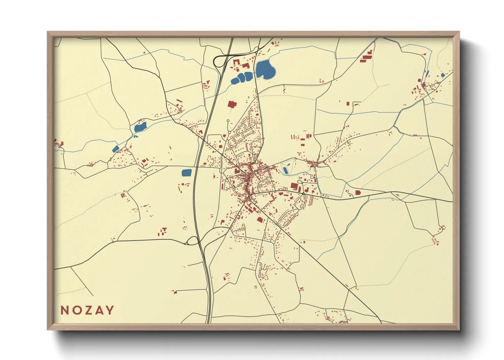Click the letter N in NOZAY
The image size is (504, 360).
click(64, 310)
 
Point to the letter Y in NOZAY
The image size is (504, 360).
click(110, 310)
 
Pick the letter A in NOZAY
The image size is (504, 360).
click(99, 310)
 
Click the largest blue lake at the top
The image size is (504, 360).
click(265, 69)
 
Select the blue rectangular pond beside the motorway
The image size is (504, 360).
click(187, 173)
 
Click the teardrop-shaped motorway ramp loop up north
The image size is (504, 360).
click(219, 61)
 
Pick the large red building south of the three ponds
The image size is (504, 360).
click(232, 104)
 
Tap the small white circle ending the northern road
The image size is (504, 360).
click(228, 120)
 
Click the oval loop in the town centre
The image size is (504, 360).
click(266, 167)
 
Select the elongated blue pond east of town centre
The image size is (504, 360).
click(285, 170)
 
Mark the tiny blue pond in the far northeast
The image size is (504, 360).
click(443, 75)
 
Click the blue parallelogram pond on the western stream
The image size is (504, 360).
click(116, 149)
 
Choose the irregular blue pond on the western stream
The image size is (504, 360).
click(140, 128)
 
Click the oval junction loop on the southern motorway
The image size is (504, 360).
click(193, 241)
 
